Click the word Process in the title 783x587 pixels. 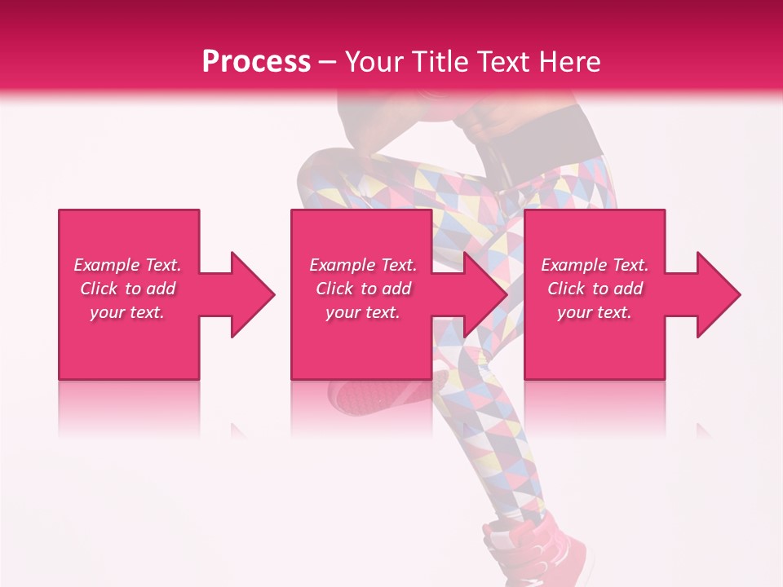pyautogui.click(x=256, y=62)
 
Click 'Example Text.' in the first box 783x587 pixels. pyautogui.click(x=128, y=265)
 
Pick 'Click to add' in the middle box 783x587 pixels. pyautogui.click(x=363, y=289)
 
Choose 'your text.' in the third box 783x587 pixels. pyautogui.click(x=595, y=312)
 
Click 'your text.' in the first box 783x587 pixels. pyautogui.click(x=128, y=312)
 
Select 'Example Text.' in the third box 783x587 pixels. pyautogui.click(x=595, y=265)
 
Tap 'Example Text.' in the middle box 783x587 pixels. pyautogui.click(x=363, y=265)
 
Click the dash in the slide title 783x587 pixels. pyautogui.click(x=327, y=62)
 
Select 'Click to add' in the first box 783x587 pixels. pyautogui.click(x=128, y=289)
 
